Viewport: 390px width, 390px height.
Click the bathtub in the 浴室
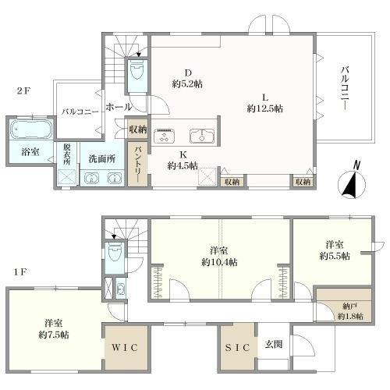click(31, 129)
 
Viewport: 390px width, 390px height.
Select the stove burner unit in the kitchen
click(164, 136)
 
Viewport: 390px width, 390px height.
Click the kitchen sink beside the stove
click(202, 136)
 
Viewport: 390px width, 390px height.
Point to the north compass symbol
click(352, 181)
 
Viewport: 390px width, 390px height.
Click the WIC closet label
click(125, 348)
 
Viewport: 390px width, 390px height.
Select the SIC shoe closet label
click(237, 348)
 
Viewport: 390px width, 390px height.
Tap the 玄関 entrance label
click(274, 344)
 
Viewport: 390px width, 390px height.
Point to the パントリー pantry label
click(137, 164)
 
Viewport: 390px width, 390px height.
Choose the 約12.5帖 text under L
click(264, 108)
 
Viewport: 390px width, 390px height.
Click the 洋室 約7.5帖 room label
click(54, 328)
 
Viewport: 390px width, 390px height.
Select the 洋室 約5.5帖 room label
click(335, 250)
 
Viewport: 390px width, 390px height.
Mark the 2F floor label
click(23, 91)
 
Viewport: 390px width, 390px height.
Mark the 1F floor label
click(19, 272)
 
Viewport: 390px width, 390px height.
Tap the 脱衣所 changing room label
click(66, 154)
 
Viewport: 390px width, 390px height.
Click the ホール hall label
click(119, 107)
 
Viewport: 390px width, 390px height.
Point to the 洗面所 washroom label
click(102, 159)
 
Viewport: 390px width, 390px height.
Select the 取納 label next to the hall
click(138, 129)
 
